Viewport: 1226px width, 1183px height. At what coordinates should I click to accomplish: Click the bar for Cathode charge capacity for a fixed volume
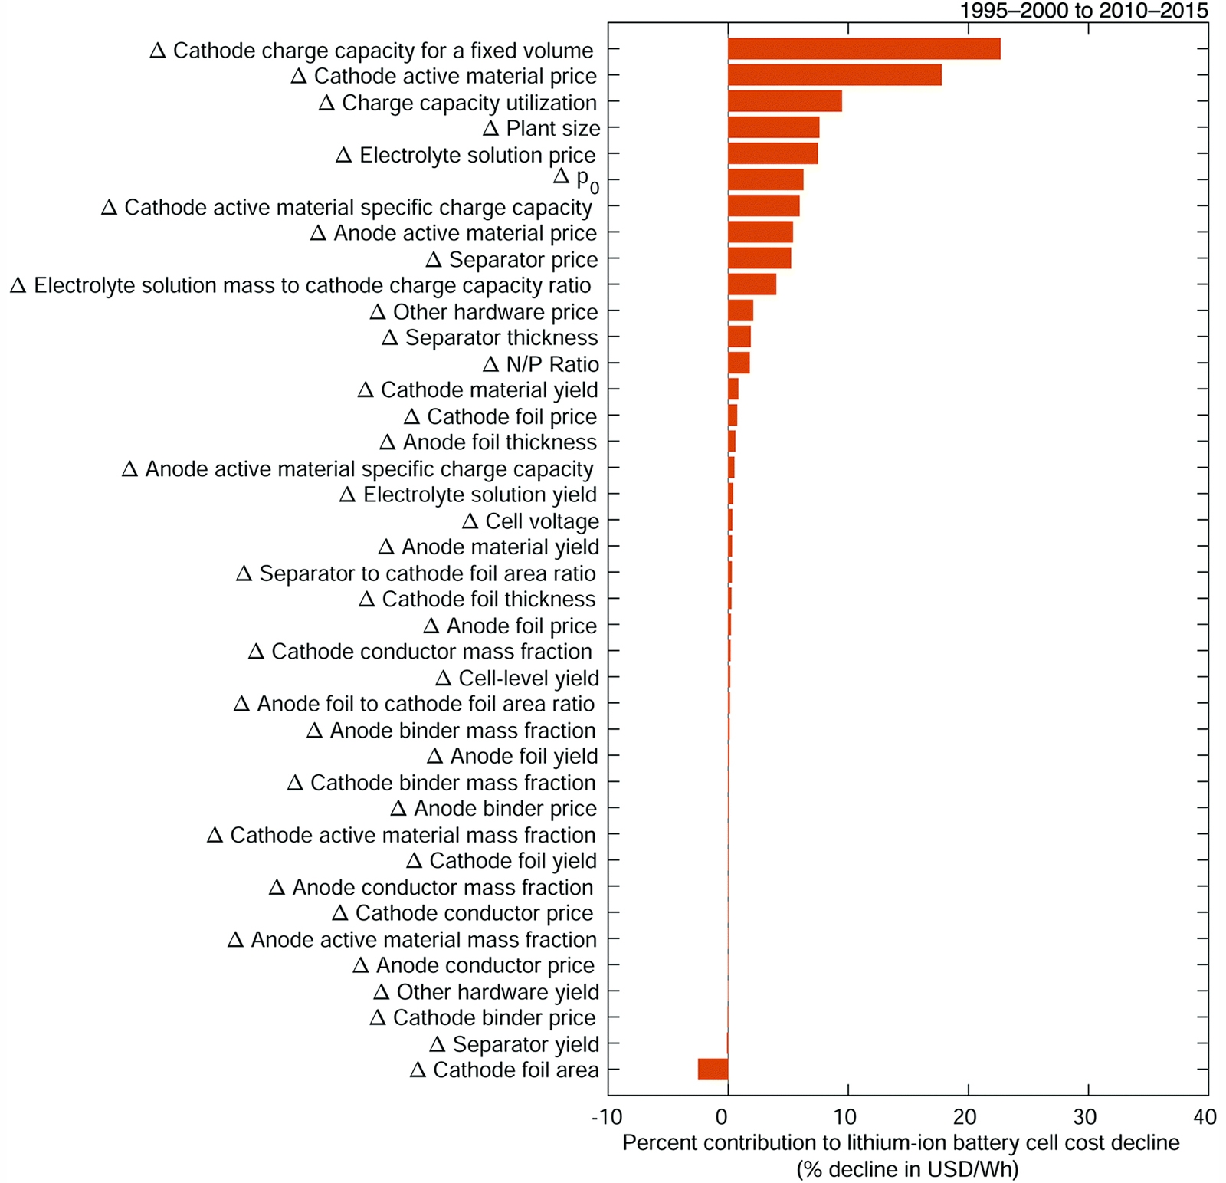tap(864, 49)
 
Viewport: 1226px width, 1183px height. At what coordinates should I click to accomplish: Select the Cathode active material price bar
tap(834, 75)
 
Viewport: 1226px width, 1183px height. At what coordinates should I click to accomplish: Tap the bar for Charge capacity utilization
tap(785, 101)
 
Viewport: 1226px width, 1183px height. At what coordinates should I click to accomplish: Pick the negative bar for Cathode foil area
tap(713, 1069)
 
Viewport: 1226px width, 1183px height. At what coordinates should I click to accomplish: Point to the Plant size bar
tap(773, 127)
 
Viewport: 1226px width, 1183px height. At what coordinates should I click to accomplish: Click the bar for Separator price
tap(759, 258)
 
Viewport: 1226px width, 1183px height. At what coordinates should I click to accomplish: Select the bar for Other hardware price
tap(740, 311)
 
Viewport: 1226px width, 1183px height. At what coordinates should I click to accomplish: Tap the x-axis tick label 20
tap(965, 1117)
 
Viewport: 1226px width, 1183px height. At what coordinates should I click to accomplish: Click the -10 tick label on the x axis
tap(607, 1117)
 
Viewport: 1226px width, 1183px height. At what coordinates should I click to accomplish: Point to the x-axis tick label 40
tap(1205, 1117)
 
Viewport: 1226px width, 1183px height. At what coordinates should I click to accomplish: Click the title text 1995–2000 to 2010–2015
tap(1083, 11)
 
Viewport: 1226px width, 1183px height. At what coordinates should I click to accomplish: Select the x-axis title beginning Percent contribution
tap(900, 1143)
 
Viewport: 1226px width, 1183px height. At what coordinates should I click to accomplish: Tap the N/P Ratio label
tap(541, 364)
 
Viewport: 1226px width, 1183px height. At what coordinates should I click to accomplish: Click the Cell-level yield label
tap(517, 679)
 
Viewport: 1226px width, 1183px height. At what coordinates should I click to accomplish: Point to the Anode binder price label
tap(493, 809)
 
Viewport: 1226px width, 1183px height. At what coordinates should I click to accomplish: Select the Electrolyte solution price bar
tap(772, 153)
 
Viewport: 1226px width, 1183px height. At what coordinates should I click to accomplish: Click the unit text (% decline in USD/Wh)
tap(907, 1170)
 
